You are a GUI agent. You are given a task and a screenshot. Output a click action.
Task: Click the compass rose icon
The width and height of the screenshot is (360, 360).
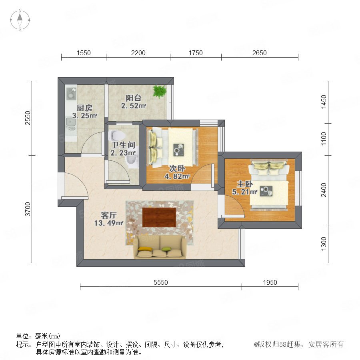[x=20, y=20]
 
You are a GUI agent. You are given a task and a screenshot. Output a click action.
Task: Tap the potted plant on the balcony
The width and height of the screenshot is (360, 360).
[x=160, y=91]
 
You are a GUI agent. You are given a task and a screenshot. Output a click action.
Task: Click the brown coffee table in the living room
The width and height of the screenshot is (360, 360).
[x=159, y=217]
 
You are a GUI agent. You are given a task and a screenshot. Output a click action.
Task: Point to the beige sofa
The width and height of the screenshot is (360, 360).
[x=160, y=247]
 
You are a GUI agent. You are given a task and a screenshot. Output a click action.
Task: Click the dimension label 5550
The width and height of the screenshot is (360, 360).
[x=161, y=282]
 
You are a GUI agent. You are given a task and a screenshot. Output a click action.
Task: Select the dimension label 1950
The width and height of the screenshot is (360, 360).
[x=270, y=282]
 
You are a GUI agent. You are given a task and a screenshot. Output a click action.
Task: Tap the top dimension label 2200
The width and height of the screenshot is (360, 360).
[x=138, y=53]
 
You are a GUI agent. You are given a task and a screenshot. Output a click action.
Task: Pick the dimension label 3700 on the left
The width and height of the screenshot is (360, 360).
[x=28, y=209]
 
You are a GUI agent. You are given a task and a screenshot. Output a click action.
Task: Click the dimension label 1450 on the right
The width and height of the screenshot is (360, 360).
[x=324, y=102]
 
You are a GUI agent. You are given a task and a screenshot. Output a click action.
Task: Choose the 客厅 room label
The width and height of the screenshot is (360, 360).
[x=108, y=215]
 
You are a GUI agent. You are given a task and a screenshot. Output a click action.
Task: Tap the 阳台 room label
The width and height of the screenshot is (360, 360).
[x=133, y=98]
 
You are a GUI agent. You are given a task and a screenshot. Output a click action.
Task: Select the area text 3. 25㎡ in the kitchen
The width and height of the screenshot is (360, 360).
[x=84, y=116]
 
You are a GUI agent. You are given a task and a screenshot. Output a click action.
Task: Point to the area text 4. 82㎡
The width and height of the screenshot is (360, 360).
[x=177, y=176]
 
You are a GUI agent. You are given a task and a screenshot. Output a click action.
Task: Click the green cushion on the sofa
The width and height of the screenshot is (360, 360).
[x=166, y=249]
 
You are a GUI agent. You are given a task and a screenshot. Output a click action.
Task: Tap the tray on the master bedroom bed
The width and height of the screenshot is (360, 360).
[x=266, y=191]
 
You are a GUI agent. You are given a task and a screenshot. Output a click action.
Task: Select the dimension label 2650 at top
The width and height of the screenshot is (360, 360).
[x=260, y=53]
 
